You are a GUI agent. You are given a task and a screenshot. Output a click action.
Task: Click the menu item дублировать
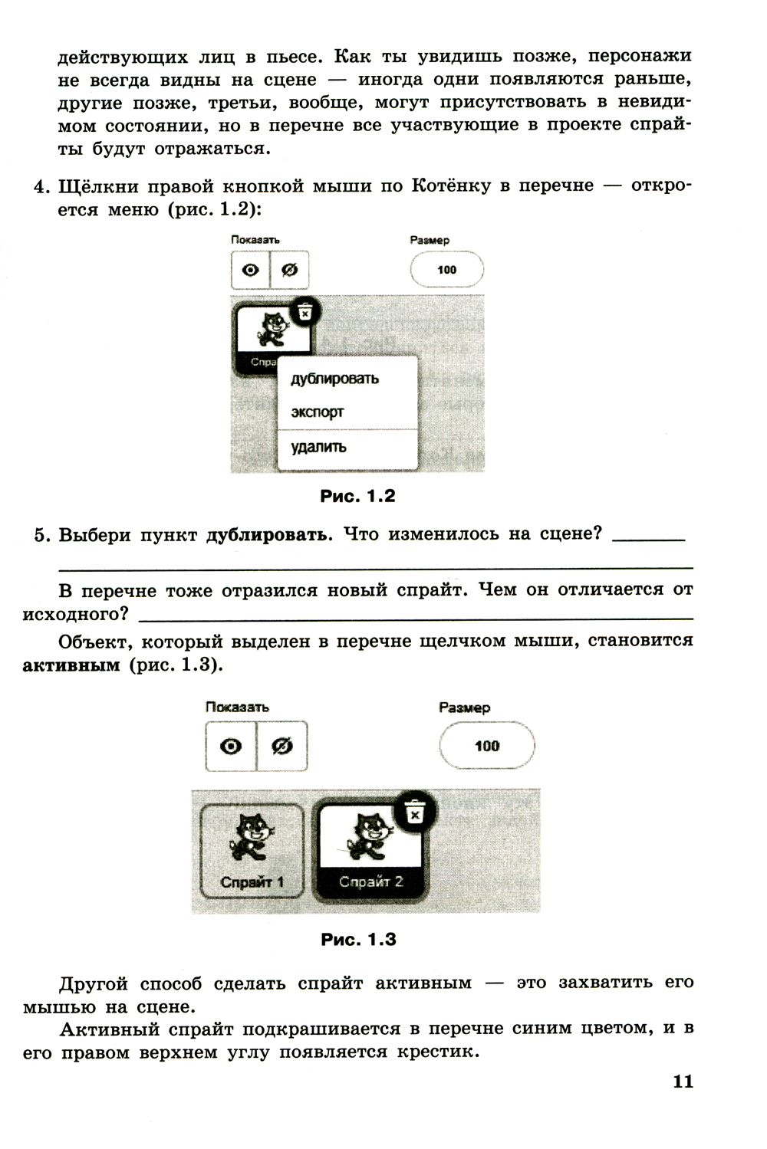334,379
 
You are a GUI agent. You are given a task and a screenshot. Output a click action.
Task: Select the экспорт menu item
318,412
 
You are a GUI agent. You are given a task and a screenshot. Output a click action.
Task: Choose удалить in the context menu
318,447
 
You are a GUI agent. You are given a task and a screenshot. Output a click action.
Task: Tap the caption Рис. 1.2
357,497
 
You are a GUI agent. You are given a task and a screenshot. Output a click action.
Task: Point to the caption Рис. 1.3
358,940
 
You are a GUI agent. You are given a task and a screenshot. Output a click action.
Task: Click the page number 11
683,1082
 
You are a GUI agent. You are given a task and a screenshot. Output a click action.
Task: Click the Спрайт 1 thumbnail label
252,882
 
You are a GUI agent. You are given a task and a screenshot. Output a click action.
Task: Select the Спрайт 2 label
370,882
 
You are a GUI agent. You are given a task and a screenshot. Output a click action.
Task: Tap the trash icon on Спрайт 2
415,813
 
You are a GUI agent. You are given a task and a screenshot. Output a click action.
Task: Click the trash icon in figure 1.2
304,312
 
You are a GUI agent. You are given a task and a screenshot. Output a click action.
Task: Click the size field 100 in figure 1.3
487,746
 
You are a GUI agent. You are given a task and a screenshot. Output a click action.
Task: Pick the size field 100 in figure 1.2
446,270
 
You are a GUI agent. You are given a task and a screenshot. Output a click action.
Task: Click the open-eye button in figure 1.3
231,747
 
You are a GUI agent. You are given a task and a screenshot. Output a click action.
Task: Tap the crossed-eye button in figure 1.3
282,747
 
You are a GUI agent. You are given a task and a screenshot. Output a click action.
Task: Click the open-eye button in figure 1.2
251,271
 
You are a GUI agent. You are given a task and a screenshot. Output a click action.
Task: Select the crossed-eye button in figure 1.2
290,271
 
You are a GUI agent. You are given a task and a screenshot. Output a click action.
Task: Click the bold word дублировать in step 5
268,535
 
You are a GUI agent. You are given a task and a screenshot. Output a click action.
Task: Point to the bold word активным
71,665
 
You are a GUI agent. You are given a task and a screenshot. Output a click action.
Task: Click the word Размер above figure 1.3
464,707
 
